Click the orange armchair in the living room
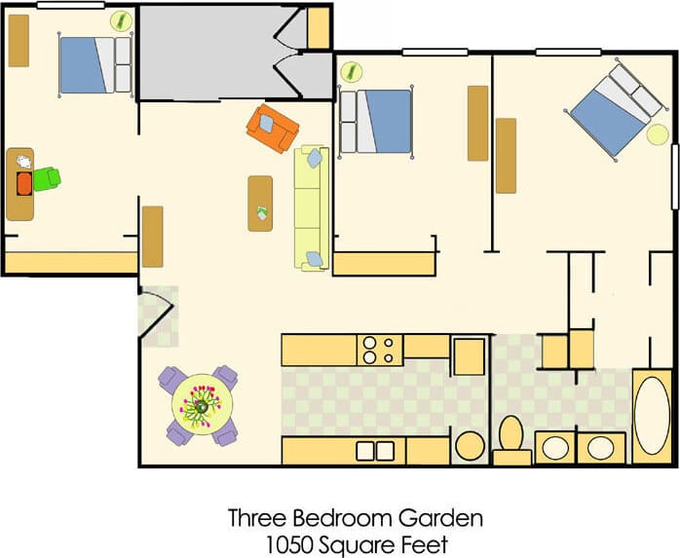(272, 127)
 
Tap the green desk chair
(47, 178)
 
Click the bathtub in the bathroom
(652, 416)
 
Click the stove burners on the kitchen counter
(381, 349)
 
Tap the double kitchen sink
(376, 450)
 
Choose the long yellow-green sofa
(311, 207)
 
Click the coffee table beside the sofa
(260, 203)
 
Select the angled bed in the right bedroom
(612, 108)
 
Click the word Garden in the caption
(449, 518)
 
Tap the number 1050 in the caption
(294, 543)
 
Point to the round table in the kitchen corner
(471, 446)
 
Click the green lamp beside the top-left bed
(120, 19)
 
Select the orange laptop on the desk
(24, 181)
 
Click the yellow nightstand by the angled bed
(658, 134)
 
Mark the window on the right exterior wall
(674, 176)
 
